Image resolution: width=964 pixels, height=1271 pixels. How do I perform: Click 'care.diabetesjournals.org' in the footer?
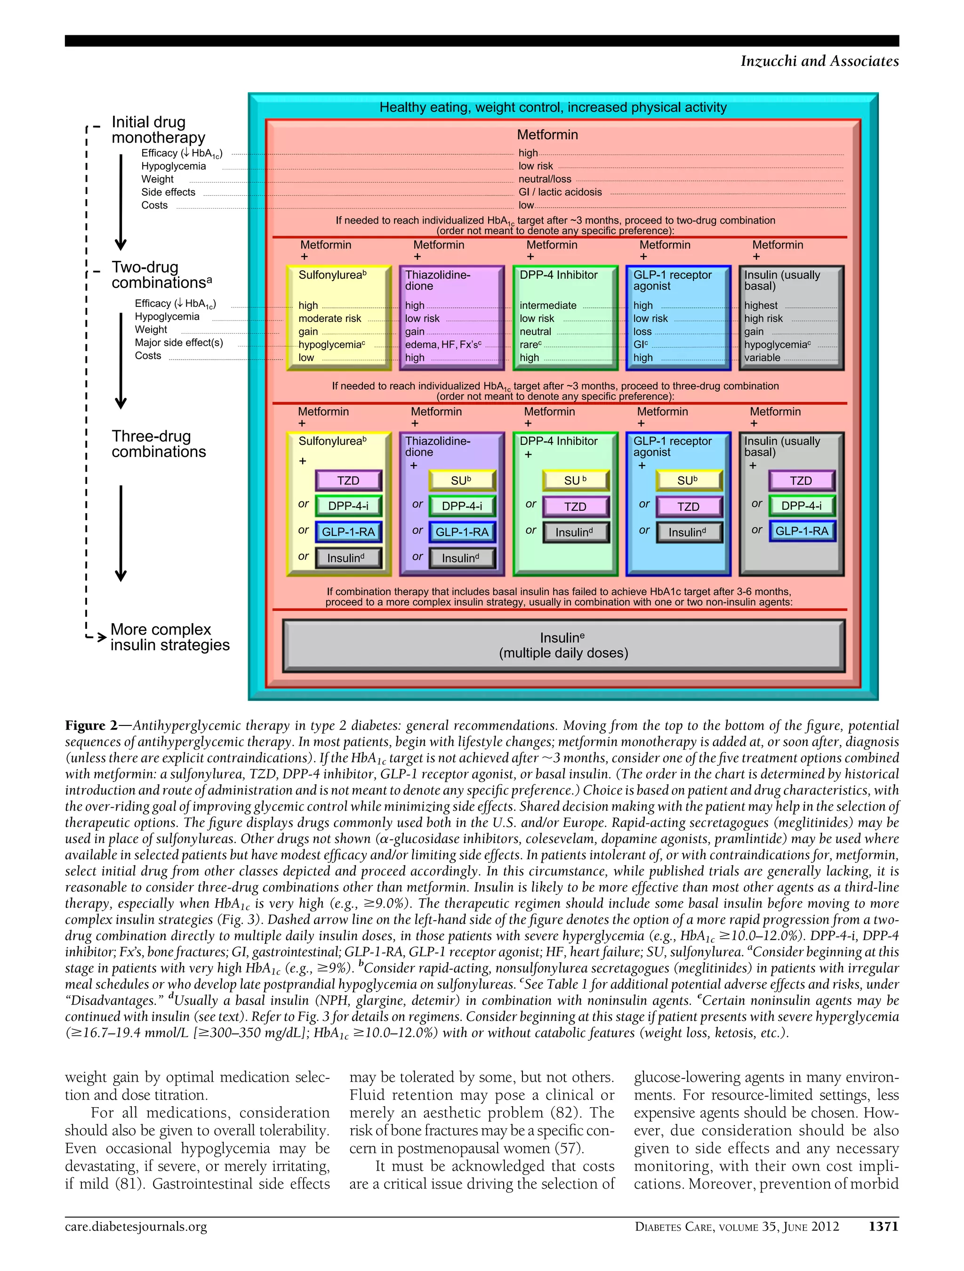(x=136, y=1226)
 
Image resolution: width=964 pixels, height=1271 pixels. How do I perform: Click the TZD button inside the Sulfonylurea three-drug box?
(x=348, y=480)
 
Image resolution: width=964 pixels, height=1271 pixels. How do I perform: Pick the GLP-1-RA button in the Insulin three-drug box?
(x=802, y=531)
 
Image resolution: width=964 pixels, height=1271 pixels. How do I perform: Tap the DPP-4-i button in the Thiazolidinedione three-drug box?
(x=462, y=506)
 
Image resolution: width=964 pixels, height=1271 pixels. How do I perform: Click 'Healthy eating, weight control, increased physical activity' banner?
(x=553, y=107)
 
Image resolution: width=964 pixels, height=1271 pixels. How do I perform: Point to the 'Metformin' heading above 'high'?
(x=547, y=135)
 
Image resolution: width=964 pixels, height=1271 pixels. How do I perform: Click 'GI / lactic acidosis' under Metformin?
(x=560, y=192)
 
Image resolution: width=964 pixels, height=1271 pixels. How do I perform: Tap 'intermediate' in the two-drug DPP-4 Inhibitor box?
(x=547, y=306)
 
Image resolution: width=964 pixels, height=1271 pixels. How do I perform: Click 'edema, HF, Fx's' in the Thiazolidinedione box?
(x=443, y=345)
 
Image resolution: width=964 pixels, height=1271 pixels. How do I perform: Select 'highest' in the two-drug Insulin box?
(x=761, y=306)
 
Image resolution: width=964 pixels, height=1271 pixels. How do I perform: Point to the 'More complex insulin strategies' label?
(x=169, y=637)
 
